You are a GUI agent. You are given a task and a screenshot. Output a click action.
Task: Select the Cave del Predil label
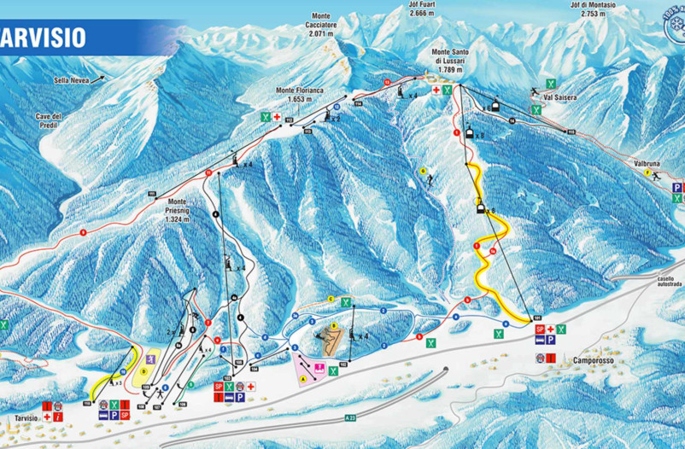49,120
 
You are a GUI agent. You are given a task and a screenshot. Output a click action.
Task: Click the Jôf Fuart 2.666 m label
422,9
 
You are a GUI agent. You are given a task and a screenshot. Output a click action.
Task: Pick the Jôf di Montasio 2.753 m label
599,9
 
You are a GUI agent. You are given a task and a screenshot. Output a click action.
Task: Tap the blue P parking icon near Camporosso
552,340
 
